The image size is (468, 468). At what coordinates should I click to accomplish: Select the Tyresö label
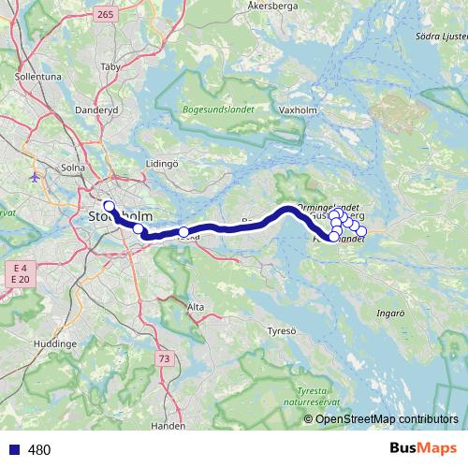[x=281, y=331]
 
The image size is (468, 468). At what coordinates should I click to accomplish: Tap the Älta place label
[x=196, y=306]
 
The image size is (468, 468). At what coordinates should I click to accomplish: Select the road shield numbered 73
[x=165, y=358]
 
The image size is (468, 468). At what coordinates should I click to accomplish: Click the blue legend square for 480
[x=14, y=450]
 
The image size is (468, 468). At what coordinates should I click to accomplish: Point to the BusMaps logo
[x=427, y=449]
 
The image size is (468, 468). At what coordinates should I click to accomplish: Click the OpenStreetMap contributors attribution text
[x=387, y=418]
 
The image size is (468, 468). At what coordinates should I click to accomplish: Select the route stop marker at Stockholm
[x=109, y=206]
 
